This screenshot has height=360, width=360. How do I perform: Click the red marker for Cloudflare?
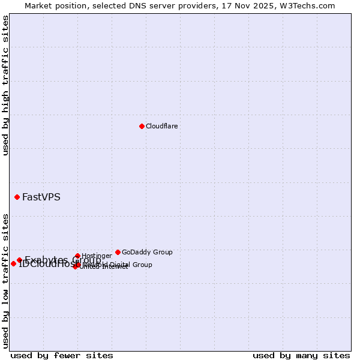pyautogui.click(x=142, y=126)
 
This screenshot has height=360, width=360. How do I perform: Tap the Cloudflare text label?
pyautogui.click(x=162, y=126)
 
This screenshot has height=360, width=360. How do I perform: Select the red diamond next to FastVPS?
pyautogui.click(x=17, y=197)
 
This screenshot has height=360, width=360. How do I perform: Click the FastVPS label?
pyautogui.click(x=41, y=197)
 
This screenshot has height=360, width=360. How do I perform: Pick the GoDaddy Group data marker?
pyautogui.click(x=118, y=252)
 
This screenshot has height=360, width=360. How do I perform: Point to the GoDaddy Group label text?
pyautogui.click(x=147, y=253)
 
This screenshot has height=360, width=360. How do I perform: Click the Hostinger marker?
pyautogui.click(x=77, y=256)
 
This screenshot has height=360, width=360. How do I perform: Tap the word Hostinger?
pyautogui.click(x=97, y=256)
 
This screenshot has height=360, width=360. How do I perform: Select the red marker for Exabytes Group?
pyautogui.click(x=19, y=260)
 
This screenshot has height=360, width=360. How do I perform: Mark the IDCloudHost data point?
pyautogui.click(x=13, y=263)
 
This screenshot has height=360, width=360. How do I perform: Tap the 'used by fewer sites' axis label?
pyautogui.click(x=62, y=356)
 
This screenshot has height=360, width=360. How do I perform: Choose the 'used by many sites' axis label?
pyautogui.click(x=301, y=356)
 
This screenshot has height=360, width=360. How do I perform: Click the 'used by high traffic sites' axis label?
pyautogui.click(x=5, y=85)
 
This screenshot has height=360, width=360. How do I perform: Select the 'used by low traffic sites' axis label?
pyautogui.click(x=5, y=281)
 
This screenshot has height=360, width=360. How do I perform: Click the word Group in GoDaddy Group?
pyautogui.click(x=162, y=253)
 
